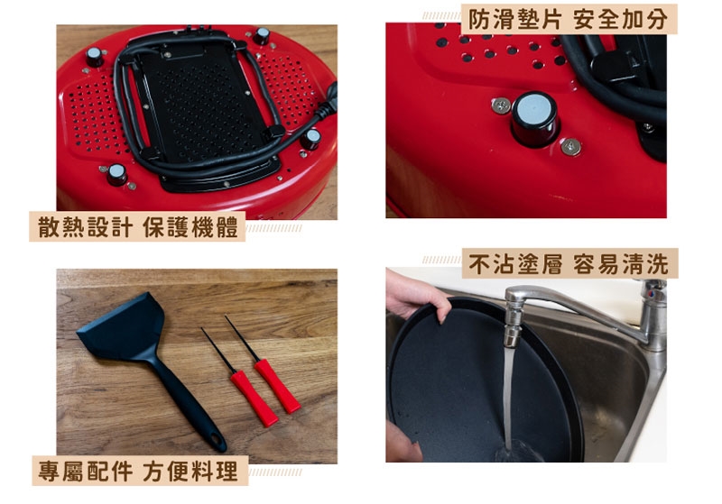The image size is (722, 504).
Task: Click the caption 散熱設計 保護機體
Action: click(138, 226)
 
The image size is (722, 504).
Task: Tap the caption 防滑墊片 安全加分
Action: click(569, 19)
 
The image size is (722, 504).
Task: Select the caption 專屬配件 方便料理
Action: click(139, 471)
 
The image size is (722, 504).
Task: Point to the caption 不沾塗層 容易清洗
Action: click(569, 263)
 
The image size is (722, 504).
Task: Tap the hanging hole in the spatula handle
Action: click(216, 441)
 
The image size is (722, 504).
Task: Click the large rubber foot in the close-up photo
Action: click(534, 118)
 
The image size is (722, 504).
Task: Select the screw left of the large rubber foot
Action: click(501, 106)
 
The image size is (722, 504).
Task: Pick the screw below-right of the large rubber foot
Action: click(571, 147)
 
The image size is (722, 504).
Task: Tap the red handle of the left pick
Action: click(254, 398)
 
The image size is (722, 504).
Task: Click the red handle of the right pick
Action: click(277, 385)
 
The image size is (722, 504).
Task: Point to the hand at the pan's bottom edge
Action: click(403, 443)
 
